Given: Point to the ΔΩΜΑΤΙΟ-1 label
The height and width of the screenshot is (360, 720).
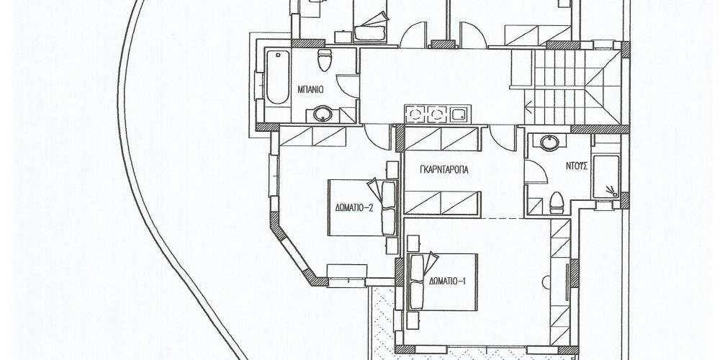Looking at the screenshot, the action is point(448,280).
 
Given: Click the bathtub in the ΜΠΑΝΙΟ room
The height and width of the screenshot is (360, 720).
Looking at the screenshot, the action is point(277,77).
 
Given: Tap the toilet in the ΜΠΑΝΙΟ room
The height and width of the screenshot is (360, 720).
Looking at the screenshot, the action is point(325,60).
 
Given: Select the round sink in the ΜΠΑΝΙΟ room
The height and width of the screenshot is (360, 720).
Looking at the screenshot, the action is point(323,114).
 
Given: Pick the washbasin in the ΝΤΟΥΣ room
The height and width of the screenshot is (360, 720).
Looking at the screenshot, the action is point(549,143).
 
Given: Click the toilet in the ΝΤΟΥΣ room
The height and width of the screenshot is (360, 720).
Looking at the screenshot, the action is point(557,202).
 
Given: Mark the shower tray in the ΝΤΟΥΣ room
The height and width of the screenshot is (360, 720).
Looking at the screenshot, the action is point(606,177).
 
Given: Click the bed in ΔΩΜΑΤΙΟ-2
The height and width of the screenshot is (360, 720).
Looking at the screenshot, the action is point(363,207).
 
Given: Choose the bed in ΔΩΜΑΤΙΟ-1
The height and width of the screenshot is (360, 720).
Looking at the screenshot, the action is point(443,282).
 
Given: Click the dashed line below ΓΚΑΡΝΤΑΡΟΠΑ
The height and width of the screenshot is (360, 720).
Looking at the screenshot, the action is point(503,217).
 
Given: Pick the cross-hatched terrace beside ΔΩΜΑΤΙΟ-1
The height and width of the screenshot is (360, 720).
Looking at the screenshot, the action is point(383,321).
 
